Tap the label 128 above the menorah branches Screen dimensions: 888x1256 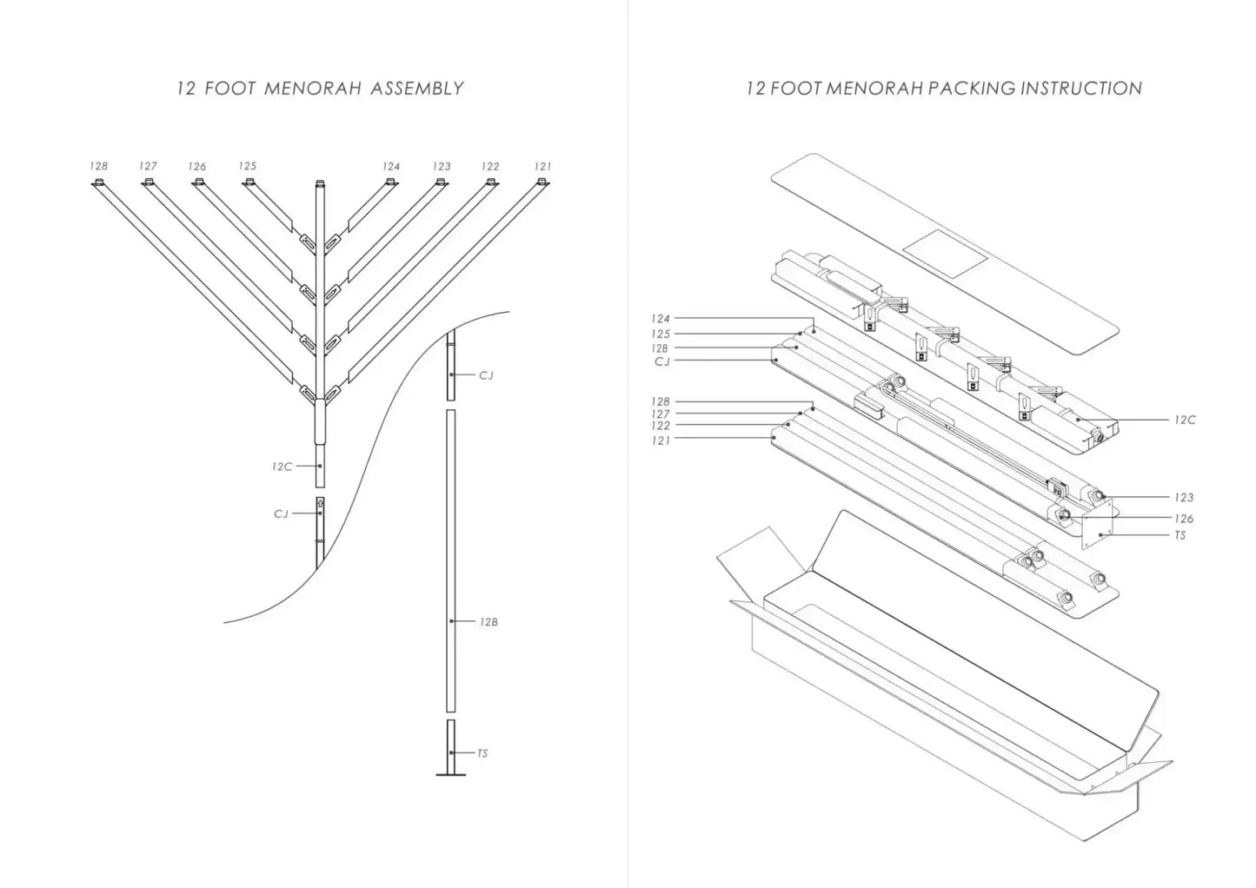pyautogui.click(x=98, y=166)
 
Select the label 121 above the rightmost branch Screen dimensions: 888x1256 pyautogui.click(x=542, y=166)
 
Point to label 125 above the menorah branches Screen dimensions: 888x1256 pyautogui.click(x=248, y=166)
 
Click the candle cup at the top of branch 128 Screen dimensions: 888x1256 pyautogui.click(x=98, y=182)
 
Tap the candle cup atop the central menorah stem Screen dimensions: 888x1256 pyautogui.click(x=320, y=183)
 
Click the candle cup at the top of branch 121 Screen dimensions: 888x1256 pyautogui.click(x=542, y=182)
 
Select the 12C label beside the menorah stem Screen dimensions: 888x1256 pyautogui.click(x=282, y=467)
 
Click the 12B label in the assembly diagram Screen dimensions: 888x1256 pyautogui.click(x=488, y=622)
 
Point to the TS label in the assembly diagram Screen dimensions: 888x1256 pyautogui.click(x=482, y=753)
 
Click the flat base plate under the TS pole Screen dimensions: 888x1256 pyautogui.click(x=450, y=774)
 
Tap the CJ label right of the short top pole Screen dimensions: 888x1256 pyautogui.click(x=486, y=375)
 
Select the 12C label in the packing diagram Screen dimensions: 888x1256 pyautogui.click(x=1184, y=420)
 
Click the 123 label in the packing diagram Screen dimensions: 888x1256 pyautogui.click(x=1183, y=498)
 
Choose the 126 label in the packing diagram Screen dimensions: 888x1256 pyautogui.click(x=1183, y=519)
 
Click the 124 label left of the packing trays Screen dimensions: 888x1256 pyautogui.click(x=661, y=319)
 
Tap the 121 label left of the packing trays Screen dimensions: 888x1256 pyautogui.click(x=661, y=441)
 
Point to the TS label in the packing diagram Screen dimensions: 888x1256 pyautogui.click(x=1180, y=535)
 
